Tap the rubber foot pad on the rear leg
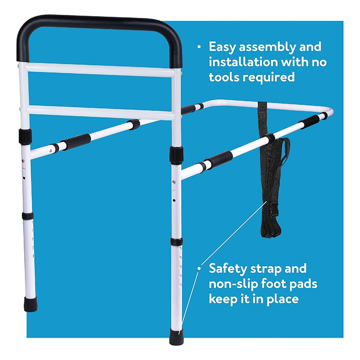31,304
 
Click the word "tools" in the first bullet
225,77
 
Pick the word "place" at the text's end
284,299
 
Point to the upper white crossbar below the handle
102,69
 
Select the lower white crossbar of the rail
102,111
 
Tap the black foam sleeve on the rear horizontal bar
76,140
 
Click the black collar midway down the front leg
177,242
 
